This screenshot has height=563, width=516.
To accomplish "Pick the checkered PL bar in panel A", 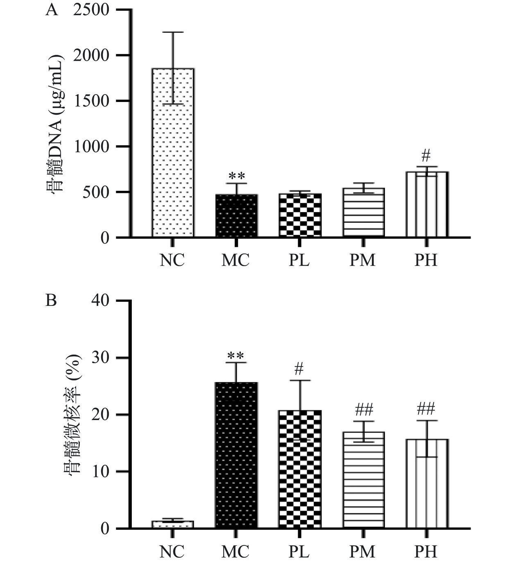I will (x=300, y=215).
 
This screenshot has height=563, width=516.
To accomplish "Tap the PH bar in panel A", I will (x=427, y=204).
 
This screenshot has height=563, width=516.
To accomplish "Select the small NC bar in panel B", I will (x=172, y=525).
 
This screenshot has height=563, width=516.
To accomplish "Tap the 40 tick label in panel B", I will (x=100, y=301).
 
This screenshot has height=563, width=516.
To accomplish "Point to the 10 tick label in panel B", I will (x=100, y=472).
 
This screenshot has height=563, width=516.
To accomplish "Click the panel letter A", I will (x=52, y=9).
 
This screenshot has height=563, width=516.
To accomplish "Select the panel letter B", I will (x=51, y=301).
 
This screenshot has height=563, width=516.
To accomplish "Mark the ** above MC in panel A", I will (x=236, y=176).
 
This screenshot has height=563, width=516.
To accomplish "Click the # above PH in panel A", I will (x=426, y=156).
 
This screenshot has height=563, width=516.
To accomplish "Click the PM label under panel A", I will (x=362, y=260).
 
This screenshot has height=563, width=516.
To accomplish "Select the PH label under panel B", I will (x=426, y=552).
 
